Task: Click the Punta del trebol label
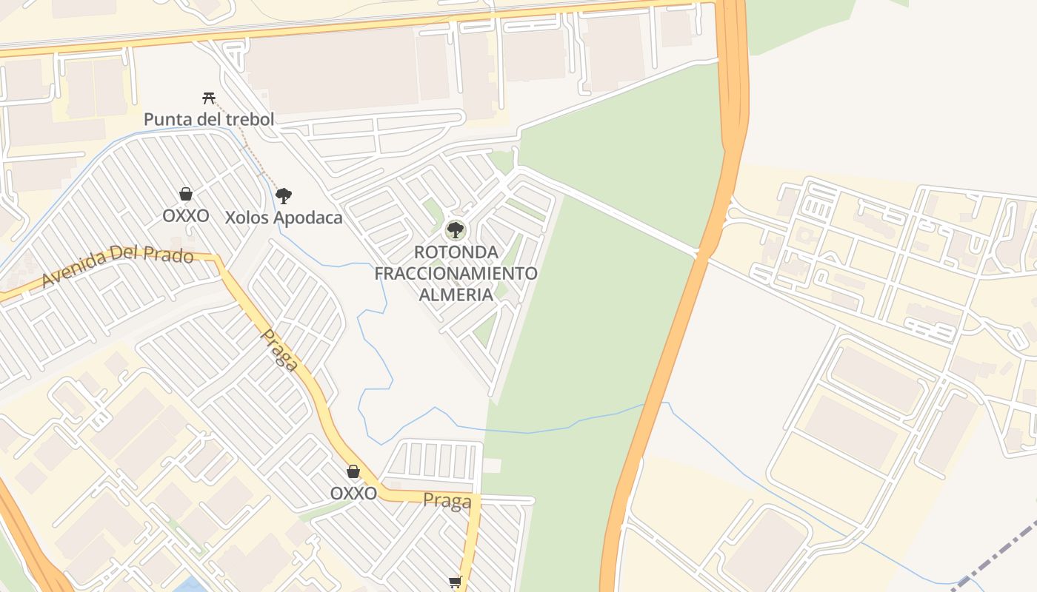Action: (x=209, y=119)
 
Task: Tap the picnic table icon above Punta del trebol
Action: (x=209, y=98)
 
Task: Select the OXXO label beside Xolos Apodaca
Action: (x=186, y=216)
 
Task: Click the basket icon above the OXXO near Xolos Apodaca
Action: (x=186, y=195)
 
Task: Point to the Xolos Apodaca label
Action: (x=284, y=218)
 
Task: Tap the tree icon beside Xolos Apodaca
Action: (x=283, y=196)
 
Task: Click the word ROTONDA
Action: (x=456, y=252)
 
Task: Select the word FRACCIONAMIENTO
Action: (x=456, y=273)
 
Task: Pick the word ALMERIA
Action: (x=456, y=294)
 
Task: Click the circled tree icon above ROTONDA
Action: (x=456, y=229)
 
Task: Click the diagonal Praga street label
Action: (x=281, y=350)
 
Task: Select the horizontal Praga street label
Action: (x=447, y=501)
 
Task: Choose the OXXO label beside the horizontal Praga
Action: (x=353, y=493)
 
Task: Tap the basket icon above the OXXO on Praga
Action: (x=353, y=471)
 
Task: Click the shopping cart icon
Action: (x=456, y=582)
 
